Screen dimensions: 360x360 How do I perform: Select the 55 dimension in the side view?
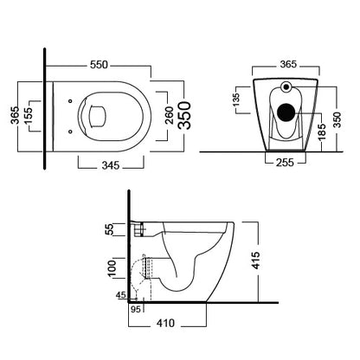(110, 230)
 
